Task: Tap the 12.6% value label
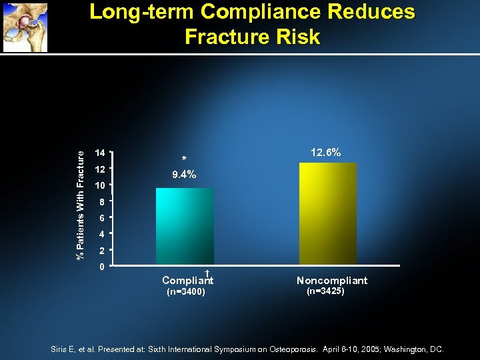pyautogui.click(x=325, y=153)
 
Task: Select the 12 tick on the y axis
pyautogui.click(x=100, y=169)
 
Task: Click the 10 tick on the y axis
pyautogui.click(x=100, y=185)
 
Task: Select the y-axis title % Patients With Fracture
pyautogui.click(x=81, y=205)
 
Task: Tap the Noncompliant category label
pyautogui.click(x=331, y=281)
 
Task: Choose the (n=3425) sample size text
pyautogui.click(x=325, y=291)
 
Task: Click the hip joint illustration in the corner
pyautogui.click(x=25, y=27)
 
